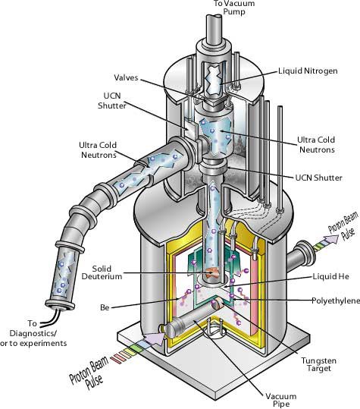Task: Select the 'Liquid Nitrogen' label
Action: click(x=308, y=71)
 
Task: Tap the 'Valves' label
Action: click(x=126, y=77)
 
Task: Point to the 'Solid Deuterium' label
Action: click(x=102, y=272)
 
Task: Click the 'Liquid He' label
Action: click(x=330, y=276)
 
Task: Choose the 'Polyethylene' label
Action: click(x=336, y=300)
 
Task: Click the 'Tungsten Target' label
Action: click(x=318, y=364)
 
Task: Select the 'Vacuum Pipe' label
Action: click(x=281, y=400)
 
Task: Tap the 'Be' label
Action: click(x=105, y=307)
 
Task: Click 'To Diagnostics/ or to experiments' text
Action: click(x=33, y=333)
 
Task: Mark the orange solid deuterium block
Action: click(x=212, y=273)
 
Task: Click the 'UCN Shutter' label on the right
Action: click(x=318, y=178)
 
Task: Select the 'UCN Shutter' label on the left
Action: click(x=112, y=101)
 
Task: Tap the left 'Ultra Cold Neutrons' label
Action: click(x=98, y=150)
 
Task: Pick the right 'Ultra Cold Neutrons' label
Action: click(x=316, y=144)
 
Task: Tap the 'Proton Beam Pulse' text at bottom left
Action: click(x=89, y=373)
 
